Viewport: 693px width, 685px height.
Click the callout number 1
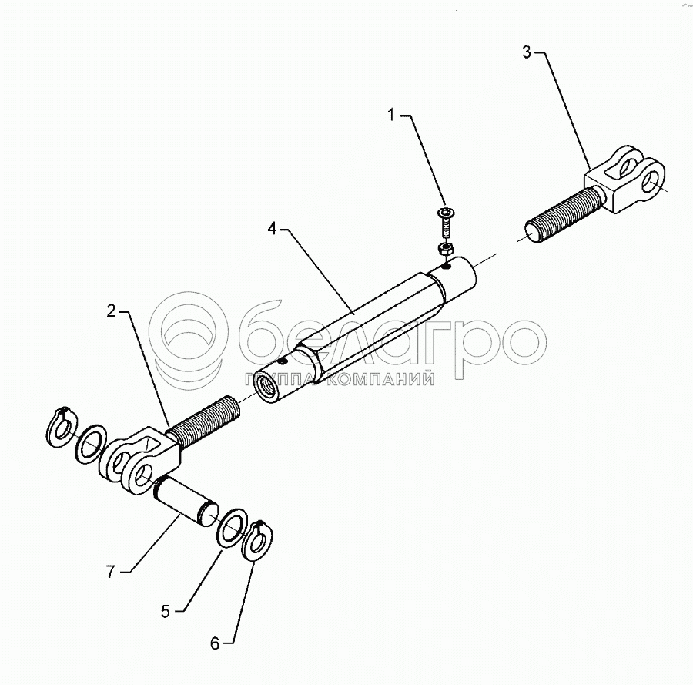tap(390, 115)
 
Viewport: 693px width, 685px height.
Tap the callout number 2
tap(112, 311)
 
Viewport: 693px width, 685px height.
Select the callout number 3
tap(527, 52)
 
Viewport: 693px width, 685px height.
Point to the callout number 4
tap(273, 229)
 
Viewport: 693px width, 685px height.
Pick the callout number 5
tap(166, 612)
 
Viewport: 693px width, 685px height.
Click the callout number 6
tap(215, 643)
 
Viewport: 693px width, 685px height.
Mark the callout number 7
tap(110, 572)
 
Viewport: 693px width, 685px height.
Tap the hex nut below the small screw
tap(444, 248)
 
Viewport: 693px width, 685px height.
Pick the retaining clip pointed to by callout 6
tap(259, 541)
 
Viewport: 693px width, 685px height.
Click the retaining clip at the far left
tap(62, 428)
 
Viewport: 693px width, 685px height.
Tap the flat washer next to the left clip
tap(91, 444)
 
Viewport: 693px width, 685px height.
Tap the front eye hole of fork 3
tap(651, 181)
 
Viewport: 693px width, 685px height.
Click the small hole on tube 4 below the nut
tap(447, 266)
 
